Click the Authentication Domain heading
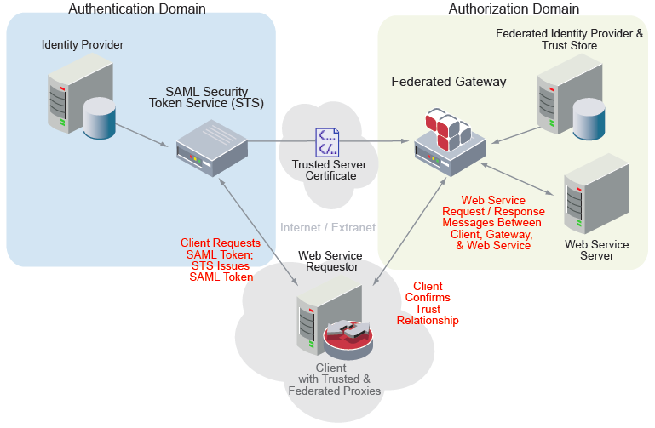coord(136,9)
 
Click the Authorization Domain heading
coord(514,9)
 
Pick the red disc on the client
coord(348,341)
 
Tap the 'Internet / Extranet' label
coord(328,227)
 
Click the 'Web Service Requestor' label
coord(330,261)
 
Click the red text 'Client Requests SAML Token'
coord(221,260)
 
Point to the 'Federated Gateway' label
coord(449,83)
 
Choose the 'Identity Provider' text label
coord(83,43)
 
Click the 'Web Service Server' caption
coord(597,250)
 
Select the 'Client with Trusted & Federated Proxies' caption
coord(334,379)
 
